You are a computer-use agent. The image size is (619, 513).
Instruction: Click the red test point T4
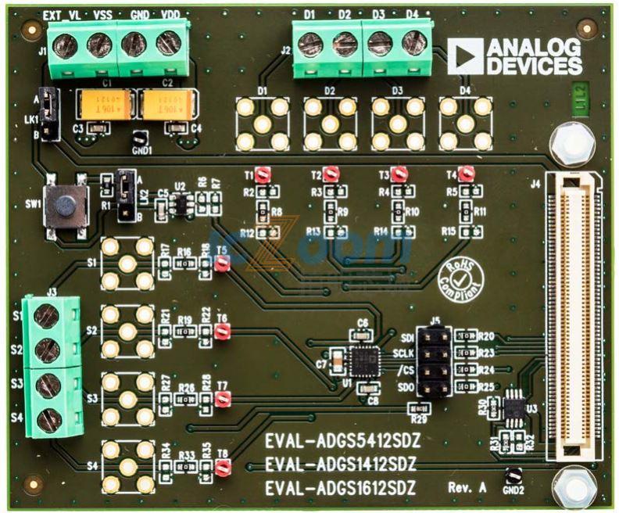[x=467, y=173]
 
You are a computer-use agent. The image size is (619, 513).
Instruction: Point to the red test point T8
[x=222, y=468]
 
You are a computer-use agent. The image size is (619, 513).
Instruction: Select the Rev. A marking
[x=468, y=486]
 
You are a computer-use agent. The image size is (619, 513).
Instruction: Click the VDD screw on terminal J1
[x=168, y=44]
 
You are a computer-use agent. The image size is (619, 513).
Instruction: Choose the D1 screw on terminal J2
[x=310, y=44]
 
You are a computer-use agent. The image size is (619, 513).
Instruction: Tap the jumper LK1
[x=49, y=113]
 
